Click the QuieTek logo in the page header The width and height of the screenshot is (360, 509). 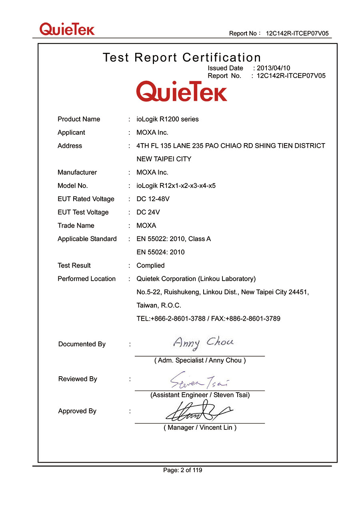pos(67,29)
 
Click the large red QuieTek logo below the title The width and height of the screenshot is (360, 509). pos(182,91)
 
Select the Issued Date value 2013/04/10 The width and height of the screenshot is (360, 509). pos(273,68)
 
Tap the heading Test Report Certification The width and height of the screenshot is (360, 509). pos(182,58)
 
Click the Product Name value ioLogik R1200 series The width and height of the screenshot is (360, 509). pos(168,119)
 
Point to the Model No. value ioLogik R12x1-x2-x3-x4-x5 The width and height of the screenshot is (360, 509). pos(176,186)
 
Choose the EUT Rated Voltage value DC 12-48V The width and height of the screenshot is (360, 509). pos(153,199)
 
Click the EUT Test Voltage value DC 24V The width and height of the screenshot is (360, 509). pos(148,212)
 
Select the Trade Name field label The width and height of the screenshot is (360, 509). pos(76,226)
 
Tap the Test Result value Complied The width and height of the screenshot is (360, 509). pos(150,265)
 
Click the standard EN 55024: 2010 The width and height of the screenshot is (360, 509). pos(160,252)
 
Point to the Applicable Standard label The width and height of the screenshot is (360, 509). pos(87,239)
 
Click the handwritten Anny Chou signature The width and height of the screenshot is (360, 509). pos(203,343)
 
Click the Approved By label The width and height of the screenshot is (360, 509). pos(77,411)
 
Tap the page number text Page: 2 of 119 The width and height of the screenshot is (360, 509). pos(182,470)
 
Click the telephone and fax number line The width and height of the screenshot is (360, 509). pos(208,319)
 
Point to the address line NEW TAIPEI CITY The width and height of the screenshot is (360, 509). pos(164,159)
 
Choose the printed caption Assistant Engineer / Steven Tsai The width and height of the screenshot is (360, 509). pos(200,395)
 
